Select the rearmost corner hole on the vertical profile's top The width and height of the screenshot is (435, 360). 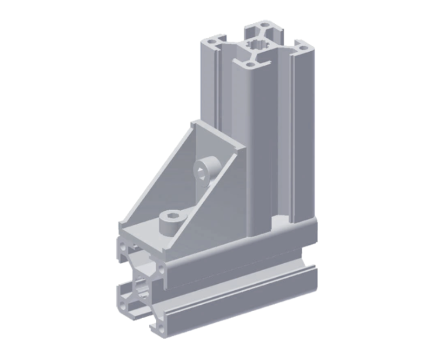coord(264,25)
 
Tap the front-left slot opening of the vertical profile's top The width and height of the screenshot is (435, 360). coord(222,54)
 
